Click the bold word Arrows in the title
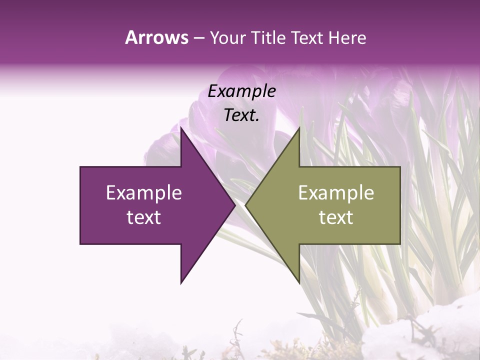point(156,37)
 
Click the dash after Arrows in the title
point(198,38)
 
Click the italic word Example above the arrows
point(241,91)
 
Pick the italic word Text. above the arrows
point(241,115)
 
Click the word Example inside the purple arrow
point(143,192)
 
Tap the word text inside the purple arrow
point(143,217)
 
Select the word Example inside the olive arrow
point(336,192)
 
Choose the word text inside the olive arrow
point(336,217)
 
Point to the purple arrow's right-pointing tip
point(235,205)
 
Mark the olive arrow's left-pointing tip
point(245,205)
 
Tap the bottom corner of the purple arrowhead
point(181,283)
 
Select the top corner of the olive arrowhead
point(299,128)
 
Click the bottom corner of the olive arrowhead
point(299,283)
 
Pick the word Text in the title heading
point(306,37)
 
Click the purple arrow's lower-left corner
point(80,244)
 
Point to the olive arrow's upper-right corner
point(400,167)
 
